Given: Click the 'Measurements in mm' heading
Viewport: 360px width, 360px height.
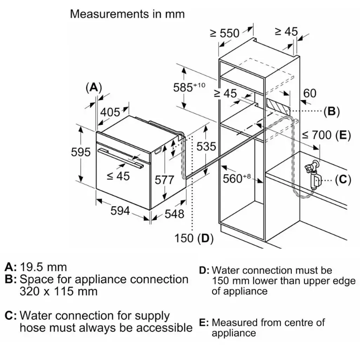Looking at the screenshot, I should coord(127,14).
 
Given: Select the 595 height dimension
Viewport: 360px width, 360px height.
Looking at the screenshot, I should coord(81,152).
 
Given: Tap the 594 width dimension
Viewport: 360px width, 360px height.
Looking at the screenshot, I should coord(120,211).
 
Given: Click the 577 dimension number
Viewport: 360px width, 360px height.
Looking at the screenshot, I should coord(164,180).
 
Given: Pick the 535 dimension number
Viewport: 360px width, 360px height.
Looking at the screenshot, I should coord(206,146).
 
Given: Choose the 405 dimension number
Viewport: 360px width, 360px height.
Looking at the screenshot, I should coord(110,112).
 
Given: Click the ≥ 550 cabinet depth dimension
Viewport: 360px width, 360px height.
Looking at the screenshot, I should coord(225,33).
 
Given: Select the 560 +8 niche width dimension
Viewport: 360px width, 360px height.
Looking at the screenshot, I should coord(238,179).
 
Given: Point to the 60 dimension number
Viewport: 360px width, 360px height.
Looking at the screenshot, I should coord(309,93).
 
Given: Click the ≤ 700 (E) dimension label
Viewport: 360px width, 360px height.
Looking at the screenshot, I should coord(326,135).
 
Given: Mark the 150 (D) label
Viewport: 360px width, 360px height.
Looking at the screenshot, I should coord(194,238).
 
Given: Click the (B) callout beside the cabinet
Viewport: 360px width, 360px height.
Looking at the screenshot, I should coord(332,112).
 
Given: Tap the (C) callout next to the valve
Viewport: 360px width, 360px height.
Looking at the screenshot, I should coord(343,180).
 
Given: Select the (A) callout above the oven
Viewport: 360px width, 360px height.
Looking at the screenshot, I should coord(93,87).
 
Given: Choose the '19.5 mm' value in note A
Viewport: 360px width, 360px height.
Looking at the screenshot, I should coord(43,267).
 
